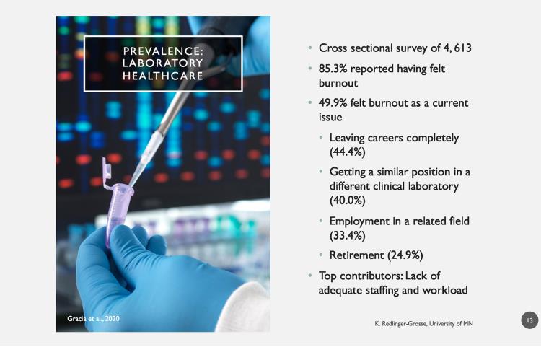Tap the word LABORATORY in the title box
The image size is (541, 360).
162,63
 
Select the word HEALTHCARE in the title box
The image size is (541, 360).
163,76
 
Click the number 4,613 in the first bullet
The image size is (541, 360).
457,48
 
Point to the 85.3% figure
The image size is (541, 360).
333,69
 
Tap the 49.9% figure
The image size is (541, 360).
333,103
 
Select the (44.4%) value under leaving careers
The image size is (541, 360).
347,152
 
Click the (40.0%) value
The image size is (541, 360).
347,201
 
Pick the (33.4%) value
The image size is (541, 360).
347,235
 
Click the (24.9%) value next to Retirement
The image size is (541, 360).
405,255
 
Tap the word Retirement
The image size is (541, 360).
356,255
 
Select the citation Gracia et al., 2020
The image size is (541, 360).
93,319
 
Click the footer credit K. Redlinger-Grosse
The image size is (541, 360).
401,324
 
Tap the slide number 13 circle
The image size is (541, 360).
529,320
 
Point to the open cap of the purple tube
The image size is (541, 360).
107,169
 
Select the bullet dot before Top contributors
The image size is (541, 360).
310,276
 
